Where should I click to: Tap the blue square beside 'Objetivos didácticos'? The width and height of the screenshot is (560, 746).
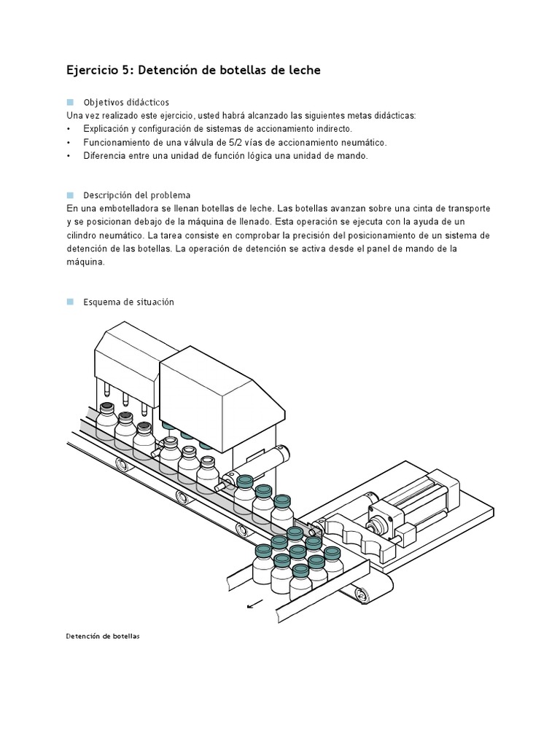[x=70, y=102]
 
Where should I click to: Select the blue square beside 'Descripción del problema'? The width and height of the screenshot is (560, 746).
[x=70, y=195]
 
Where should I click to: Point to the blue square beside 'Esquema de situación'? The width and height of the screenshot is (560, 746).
[x=70, y=301]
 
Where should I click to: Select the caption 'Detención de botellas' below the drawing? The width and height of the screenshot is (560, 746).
[x=102, y=636]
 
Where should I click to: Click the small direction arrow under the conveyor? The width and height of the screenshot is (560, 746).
[x=254, y=604]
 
